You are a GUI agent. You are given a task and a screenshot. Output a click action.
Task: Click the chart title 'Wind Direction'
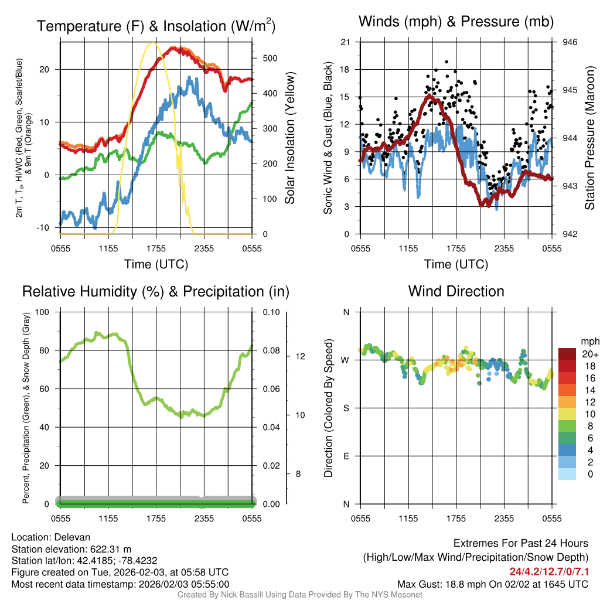coord(456,291)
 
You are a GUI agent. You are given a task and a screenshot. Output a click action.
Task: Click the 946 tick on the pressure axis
coord(570,42)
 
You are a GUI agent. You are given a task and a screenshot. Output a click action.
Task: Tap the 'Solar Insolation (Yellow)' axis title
coord(290,138)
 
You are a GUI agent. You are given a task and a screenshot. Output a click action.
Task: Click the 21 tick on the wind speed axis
coord(345,42)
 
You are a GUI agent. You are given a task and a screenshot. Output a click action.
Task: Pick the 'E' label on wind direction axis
coord(346,456)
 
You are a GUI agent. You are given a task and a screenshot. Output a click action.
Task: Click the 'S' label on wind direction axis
coord(346,408)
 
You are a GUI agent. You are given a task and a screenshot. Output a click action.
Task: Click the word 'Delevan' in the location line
coord(73,537)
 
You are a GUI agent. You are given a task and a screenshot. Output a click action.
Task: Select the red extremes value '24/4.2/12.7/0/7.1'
coord(548,571)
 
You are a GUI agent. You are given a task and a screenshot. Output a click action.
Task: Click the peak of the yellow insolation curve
coord(154,43)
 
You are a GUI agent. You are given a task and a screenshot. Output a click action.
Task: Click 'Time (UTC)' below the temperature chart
coord(156,264)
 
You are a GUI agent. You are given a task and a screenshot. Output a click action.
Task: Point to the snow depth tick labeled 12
coord(298,356)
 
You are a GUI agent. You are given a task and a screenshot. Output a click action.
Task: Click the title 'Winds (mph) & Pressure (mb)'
coord(456,22)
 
